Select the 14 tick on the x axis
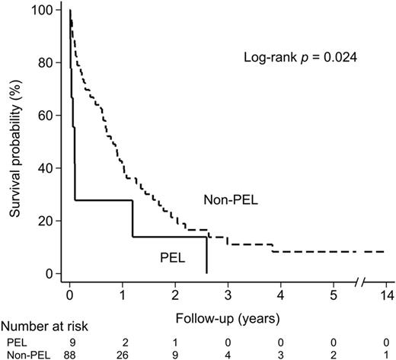(384, 293)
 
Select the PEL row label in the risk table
(18, 341)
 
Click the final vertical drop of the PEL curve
(206, 255)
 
